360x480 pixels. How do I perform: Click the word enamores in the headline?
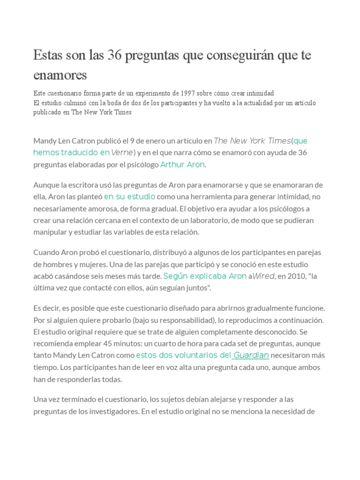coord(60,75)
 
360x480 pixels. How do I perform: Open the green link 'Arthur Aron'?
coord(183,165)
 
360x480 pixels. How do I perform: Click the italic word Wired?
coord(263,276)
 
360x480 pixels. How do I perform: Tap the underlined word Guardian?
coord(251,355)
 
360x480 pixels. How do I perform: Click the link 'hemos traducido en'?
coord(71,152)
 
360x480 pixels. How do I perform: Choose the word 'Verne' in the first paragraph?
coord(122,152)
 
